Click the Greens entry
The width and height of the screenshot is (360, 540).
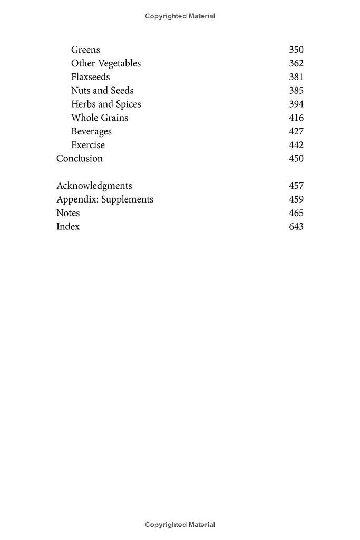(85, 50)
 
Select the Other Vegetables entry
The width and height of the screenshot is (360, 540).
(106, 63)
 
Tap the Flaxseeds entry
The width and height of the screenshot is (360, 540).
(91, 77)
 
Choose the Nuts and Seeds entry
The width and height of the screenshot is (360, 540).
(102, 91)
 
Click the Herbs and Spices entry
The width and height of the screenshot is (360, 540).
(106, 104)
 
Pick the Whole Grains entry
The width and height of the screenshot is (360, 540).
(100, 118)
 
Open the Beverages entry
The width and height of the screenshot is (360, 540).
(91, 132)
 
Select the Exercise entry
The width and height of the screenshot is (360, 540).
(88, 145)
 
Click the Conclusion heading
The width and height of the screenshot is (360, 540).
(80, 159)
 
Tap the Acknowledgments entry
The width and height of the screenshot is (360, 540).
(94, 186)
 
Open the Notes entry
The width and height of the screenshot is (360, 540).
(68, 213)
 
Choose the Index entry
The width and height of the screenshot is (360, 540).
(68, 227)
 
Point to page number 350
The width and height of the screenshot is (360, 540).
(296, 50)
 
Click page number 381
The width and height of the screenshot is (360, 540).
(296, 77)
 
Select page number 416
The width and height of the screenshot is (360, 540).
(296, 118)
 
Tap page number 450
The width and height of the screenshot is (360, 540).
(296, 159)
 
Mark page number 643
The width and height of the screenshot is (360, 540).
(296, 227)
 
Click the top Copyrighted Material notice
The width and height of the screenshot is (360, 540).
(180, 16)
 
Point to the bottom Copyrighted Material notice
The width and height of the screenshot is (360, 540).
(180, 525)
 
